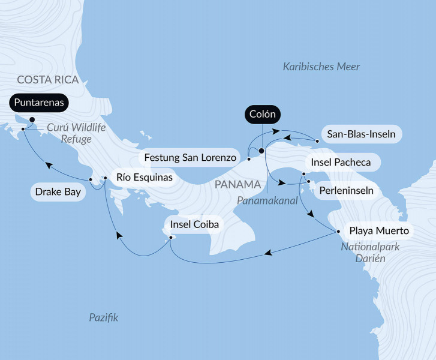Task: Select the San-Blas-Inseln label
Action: pyautogui.click(x=359, y=134)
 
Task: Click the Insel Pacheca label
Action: pyautogui.click(x=341, y=163)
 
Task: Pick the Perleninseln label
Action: pyautogui.click(x=345, y=191)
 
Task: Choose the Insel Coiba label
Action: pyautogui.click(x=194, y=225)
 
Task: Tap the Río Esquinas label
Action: pyautogui.click(x=142, y=177)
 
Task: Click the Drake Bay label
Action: pyautogui.click(x=56, y=193)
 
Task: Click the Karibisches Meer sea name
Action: pyautogui.click(x=321, y=67)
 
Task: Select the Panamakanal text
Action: pyautogui.click(x=267, y=201)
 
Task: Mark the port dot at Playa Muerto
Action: pyautogui.click(x=334, y=230)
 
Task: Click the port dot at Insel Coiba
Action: pyautogui.click(x=172, y=238)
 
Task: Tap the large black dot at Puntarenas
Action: pyautogui.click(x=32, y=119)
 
